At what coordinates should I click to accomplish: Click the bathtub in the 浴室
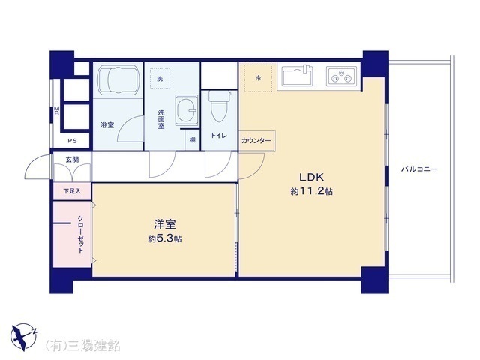pyautogui.click(x=118, y=79)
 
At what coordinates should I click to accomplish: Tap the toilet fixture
pyautogui.click(x=219, y=106)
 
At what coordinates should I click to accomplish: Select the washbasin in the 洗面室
pyautogui.click(x=187, y=110)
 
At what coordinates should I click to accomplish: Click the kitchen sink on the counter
pyautogui.click(x=298, y=76)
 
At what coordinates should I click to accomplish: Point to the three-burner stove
pyautogui.click(x=341, y=76)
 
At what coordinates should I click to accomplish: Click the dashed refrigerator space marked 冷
pyautogui.click(x=258, y=78)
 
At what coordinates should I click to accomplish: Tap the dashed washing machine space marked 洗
pyautogui.click(x=160, y=79)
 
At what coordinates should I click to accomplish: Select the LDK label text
pyautogui.click(x=311, y=177)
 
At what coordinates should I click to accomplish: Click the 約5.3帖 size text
pyautogui.click(x=165, y=238)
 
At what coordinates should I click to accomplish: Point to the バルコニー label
pyautogui.click(x=419, y=169)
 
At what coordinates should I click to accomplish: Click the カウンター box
pyautogui.click(x=256, y=141)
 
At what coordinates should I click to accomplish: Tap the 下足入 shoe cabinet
pyautogui.click(x=72, y=191)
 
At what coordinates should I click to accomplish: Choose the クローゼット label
pyautogui.click(x=80, y=234)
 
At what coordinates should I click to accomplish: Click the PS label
pyautogui.click(x=72, y=141)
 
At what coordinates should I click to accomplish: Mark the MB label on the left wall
pyautogui.click(x=56, y=110)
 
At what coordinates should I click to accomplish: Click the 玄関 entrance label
pyautogui.click(x=72, y=160)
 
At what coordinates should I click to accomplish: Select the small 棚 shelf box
pyautogui.click(x=192, y=140)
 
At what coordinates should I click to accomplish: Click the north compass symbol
pyautogui.click(x=23, y=337)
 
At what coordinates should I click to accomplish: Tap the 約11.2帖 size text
pyautogui.click(x=312, y=192)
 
